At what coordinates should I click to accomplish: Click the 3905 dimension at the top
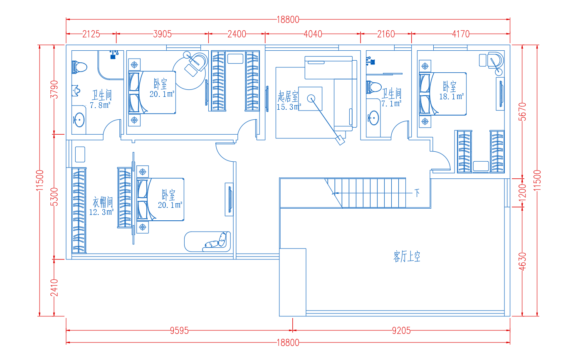point(162,34)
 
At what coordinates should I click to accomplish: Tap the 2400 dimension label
point(237,34)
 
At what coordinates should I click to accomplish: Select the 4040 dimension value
point(313,34)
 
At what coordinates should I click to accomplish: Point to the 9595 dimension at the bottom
point(179,330)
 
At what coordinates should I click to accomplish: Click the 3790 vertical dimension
point(54,89)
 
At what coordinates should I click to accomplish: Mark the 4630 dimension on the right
point(522,261)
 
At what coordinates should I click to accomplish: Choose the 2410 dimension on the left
point(54,288)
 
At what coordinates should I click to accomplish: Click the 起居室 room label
point(288,96)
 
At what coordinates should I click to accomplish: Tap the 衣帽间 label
point(103,202)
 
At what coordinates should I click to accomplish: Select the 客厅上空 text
point(407,256)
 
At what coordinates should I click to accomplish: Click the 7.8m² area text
point(100,105)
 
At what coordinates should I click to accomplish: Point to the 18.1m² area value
point(452,96)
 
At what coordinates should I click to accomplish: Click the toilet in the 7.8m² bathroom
point(79,67)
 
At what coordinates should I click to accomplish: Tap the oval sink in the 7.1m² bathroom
point(373,118)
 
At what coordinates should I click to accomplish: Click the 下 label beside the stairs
point(417,193)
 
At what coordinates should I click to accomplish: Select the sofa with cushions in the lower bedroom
point(207,242)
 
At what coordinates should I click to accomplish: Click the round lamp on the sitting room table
point(311,99)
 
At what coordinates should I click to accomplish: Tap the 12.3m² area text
point(101,212)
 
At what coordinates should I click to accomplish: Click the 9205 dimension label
point(401,330)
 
